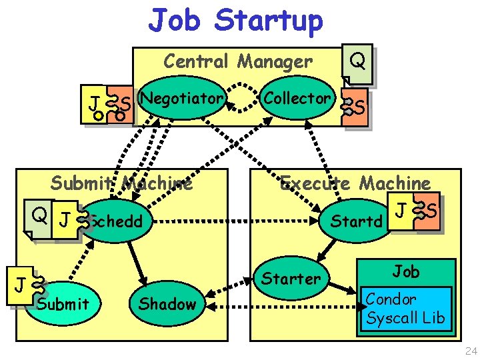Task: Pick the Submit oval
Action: [63, 304]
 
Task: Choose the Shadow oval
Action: [167, 304]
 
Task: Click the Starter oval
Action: [291, 278]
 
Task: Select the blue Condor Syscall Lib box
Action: [404, 308]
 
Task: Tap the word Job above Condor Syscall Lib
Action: [405, 271]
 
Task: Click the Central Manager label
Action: [237, 62]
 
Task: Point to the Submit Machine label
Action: [121, 182]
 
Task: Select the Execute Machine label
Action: [355, 182]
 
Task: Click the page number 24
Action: [471, 351]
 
